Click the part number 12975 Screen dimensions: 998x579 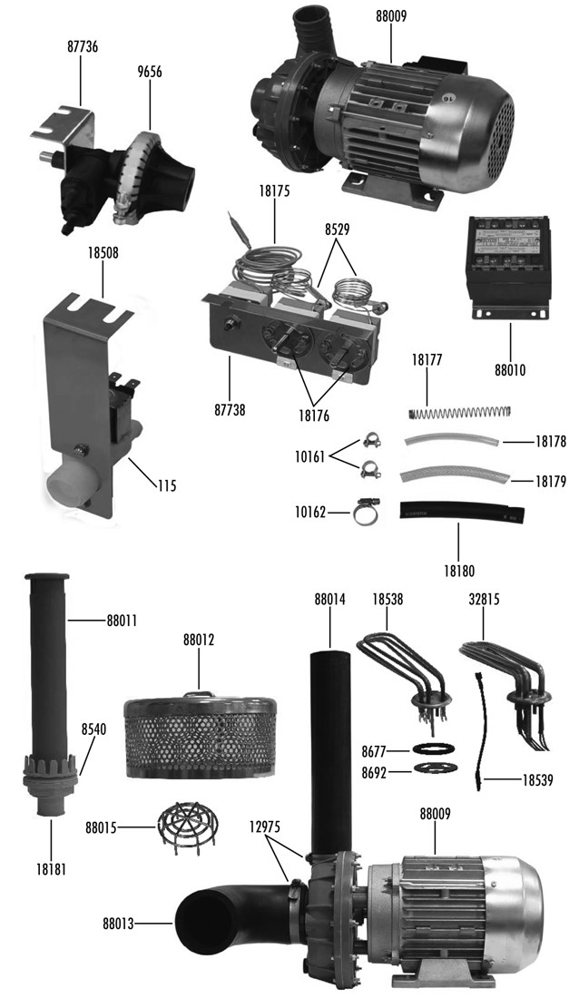coord(267,827)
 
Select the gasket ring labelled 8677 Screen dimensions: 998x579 coord(426,750)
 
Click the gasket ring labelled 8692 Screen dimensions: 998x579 coord(426,769)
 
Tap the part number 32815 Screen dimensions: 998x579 coord(485,599)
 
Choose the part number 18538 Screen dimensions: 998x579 coord(390,599)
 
